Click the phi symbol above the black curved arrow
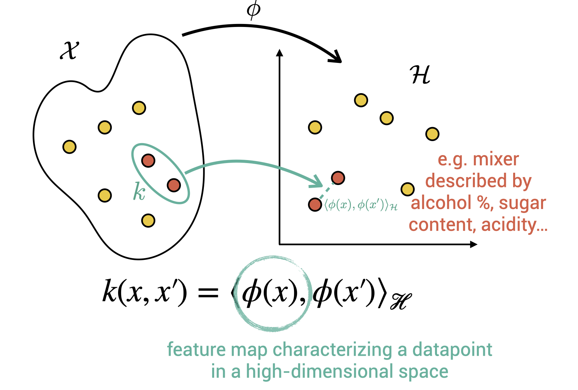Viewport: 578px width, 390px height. click(x=253, y=9)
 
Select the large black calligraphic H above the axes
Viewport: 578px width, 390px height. click(x=420, y=75)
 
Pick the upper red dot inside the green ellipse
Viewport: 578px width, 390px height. click(x=148, y=160)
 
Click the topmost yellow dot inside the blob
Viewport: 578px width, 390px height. click(x=139, y=108)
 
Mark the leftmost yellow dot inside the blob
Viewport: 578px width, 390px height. click(x=70, y=147)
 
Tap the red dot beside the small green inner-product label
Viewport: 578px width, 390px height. click(x=315, y=204)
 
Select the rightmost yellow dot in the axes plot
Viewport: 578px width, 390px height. click(x=432, y=134)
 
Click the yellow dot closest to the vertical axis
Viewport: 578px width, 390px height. click(x=315, y=127)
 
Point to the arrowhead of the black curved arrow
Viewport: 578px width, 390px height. click(x=337, y=57)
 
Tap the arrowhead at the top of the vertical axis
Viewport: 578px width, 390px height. click(x=280, y=53)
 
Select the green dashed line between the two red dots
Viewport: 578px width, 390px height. click(x=327, y=191)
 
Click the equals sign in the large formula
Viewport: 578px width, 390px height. click(x=208, y=293)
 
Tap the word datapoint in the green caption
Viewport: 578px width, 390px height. click(x=452, y=350)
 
